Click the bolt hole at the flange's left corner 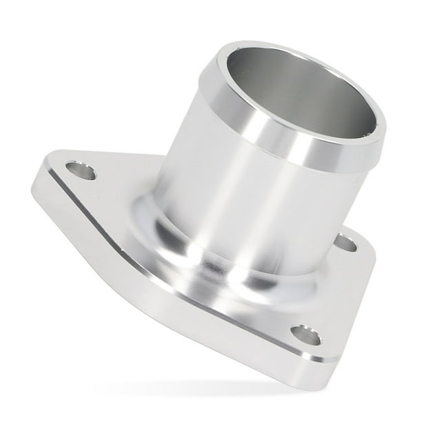(x=81, y=170)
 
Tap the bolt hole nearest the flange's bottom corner (x=305, y=335)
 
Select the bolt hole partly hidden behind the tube (x=345, y=243)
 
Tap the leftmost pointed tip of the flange (x=34, y=185)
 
